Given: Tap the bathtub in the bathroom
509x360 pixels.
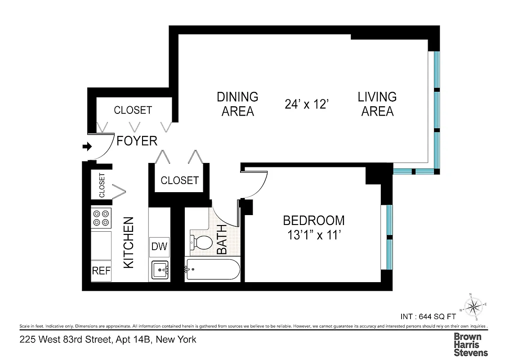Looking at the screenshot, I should pyautogui.click(x=213, y=270).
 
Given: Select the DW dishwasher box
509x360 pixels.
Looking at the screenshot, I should pyautogui.click(x=159, y=246).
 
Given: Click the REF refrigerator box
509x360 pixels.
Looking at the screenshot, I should pyautogui.click(x=101, y=271).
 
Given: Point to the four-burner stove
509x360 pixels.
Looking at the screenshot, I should pyautogui.click(x=101, y=218).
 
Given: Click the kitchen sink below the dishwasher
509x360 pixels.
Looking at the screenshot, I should pyautogui.click(x=160, y=271).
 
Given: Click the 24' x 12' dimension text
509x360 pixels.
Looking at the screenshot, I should pyautogui.click(x=308, y=104).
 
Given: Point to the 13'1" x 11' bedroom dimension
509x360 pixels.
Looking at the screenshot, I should pyautogui.click(x=313, y=235).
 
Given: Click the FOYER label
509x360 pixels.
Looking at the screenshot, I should pyautogui.click(x=137, y=141).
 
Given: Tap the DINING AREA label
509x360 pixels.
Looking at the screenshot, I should pyautogui.click(x=237, y=104).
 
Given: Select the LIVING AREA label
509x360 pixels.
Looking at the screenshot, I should pyautogui.click(x=377, y=104).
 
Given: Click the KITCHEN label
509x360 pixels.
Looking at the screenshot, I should pyautogui.click(x=129, y=243).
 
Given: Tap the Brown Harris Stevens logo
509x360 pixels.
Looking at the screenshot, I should pyautogui.click(x=470, y=344).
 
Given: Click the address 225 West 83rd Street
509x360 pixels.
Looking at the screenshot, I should pyautogui.click(x=108, y=339).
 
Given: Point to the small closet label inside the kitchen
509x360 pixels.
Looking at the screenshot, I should pyautogui.click(x=102, y=185).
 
